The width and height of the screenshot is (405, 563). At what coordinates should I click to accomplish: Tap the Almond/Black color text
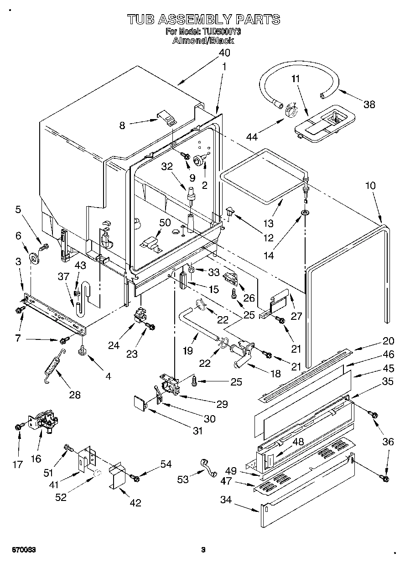[203, 40]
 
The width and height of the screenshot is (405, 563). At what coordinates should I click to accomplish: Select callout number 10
[370, 186]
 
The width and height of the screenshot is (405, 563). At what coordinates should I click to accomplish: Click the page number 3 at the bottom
[203, 550]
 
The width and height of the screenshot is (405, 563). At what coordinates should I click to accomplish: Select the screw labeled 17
[18, 427]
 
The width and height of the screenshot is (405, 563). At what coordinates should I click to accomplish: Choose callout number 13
[269, 223]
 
